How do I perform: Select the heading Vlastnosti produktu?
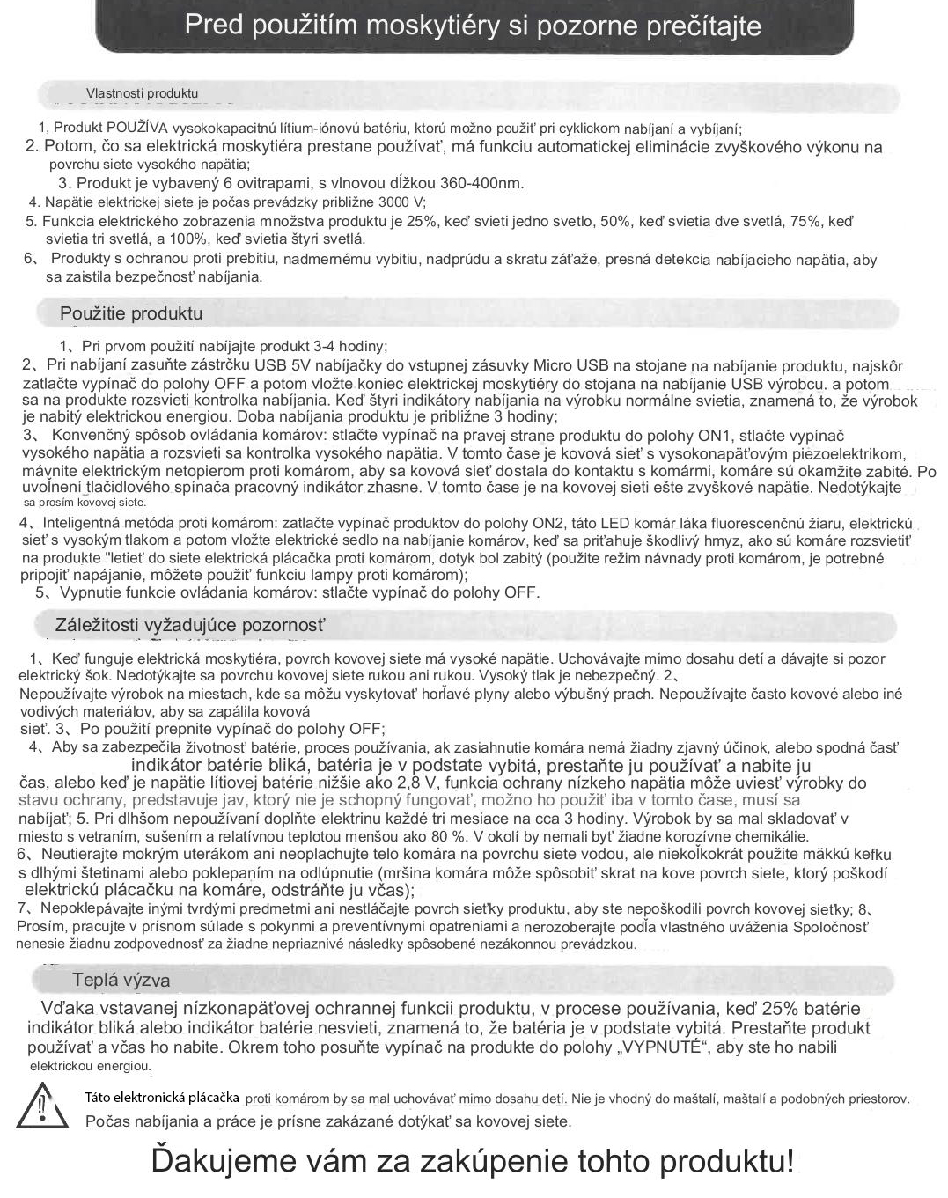(142, 93)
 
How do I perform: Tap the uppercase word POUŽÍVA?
(143, 128)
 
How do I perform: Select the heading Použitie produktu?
(131, 313)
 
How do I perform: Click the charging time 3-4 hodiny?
(349, 346)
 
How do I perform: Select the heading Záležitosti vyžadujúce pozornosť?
(190, 626)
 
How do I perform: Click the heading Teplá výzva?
(121, 981)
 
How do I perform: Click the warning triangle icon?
(42, 1107)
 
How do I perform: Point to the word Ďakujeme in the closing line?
(227, 1160)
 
